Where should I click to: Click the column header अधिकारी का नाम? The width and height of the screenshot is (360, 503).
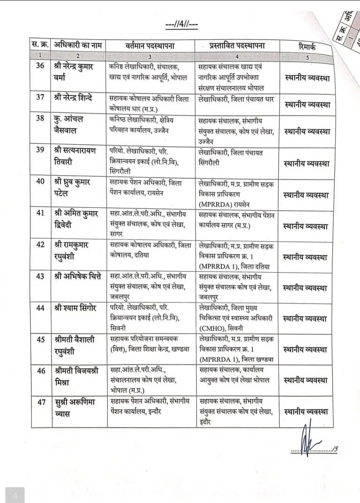77,46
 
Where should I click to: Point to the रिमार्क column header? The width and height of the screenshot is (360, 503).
307,46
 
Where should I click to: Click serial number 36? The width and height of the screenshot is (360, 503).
40,66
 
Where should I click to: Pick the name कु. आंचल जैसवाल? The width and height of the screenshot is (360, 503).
72,123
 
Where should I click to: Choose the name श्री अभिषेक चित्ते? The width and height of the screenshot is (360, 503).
78,276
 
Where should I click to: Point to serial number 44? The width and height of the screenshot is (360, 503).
40,307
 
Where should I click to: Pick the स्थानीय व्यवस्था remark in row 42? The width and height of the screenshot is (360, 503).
306,257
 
